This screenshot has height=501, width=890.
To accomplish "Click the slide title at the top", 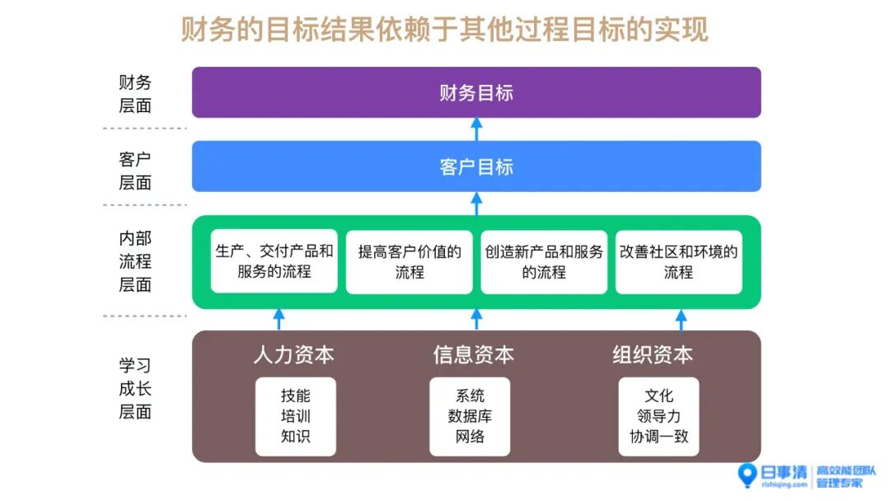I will (445, 30).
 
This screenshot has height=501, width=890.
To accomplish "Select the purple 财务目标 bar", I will (476, 92).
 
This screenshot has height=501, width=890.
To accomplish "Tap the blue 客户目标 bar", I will (476, 166).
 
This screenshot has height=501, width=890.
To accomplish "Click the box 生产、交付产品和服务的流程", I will (274, 261).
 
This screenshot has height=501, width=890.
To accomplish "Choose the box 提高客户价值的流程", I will (410, 261).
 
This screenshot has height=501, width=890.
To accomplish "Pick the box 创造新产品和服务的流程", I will (544, 261).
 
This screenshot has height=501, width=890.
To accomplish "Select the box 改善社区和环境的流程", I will (678, 261).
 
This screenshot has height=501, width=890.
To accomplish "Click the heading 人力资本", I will (294, 354).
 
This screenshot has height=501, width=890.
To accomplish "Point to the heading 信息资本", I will (473, 354).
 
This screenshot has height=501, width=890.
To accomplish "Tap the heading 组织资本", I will (652, 354).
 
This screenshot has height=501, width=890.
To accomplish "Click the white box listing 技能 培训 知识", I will (295, 416).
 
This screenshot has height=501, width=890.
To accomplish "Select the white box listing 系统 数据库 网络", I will (470, 416).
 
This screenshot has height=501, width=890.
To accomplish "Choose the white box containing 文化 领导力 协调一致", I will (658, 416).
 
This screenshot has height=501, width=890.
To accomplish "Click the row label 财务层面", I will (135, 94).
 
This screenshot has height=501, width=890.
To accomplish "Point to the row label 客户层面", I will (135, 171).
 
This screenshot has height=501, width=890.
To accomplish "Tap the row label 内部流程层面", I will (135, 261).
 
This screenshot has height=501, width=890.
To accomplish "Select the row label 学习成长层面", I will (135, 388).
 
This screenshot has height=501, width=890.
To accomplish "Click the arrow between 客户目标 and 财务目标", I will (476, 129).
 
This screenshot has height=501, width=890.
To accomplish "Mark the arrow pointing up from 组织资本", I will (681, 319).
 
